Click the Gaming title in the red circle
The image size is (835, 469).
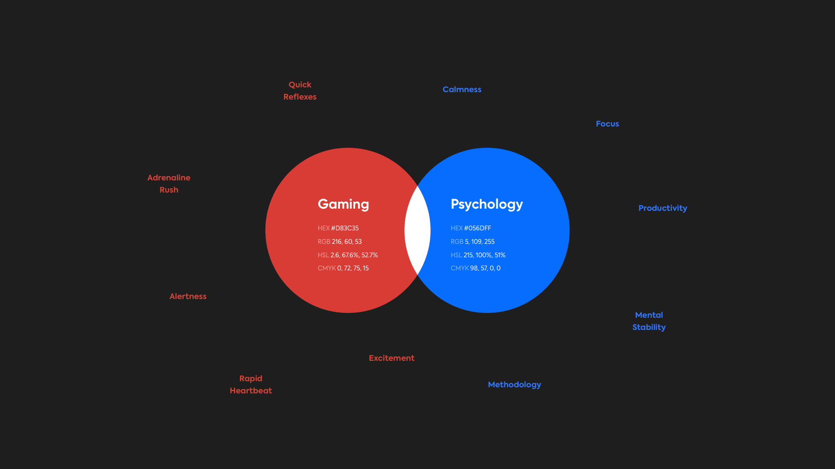click(x=343, y=204)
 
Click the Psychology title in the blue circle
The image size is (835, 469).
click(x=487, y=204)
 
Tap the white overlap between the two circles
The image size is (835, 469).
click(x=417, y=230)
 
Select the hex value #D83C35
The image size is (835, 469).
click(x=345, y=228)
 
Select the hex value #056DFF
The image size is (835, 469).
click(x=478, y=228)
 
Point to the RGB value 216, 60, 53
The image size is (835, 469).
click(x=347, y=242)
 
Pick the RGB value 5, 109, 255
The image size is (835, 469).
click(x=480, y=242)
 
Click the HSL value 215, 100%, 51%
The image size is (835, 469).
click(x=485, y=255)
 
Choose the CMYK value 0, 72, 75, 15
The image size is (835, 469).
click(x=353, y=268)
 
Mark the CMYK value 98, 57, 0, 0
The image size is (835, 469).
click(x=486, y=268)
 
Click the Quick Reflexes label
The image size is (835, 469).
click(x=300, y=91)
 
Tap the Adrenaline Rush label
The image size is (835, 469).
click(x=169, y=184)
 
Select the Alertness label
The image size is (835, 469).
click(x=188, y=296)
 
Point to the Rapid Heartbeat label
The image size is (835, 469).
click(x=251, y=385)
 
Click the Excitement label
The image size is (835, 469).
click(x=392, y=358)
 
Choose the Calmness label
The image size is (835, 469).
click(x=462, y=90)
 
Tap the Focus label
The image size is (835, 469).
click(x=608, y=124)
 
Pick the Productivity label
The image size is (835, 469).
click(x=663, y=208)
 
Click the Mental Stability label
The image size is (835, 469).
click(x=649, y=321)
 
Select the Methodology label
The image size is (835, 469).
click(x=515, y=385)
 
